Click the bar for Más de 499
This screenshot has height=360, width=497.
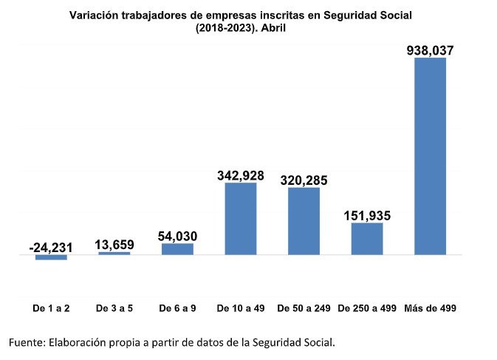click(430, 156)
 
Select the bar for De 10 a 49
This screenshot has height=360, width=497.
click(241, 219)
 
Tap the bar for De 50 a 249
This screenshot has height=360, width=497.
click(304, 221)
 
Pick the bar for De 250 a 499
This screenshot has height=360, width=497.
click(367, 239)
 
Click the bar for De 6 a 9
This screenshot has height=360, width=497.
click(177, 249)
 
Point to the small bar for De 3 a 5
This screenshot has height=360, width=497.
click(114, 254)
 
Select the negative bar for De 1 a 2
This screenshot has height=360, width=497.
click(51, 257)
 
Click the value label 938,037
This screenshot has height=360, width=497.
click(430, 51)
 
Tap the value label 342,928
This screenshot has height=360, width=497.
click(241, 175)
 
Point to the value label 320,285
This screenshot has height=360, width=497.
click(304, 180)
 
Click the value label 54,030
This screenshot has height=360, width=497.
click(177, 236)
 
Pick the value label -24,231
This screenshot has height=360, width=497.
click(51, 248)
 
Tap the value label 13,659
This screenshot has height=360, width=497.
click(114, 245)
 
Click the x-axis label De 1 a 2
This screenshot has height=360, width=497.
click(51, 308)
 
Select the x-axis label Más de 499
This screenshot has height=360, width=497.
click(430, 308)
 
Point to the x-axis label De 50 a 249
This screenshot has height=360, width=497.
click(304, 308)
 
